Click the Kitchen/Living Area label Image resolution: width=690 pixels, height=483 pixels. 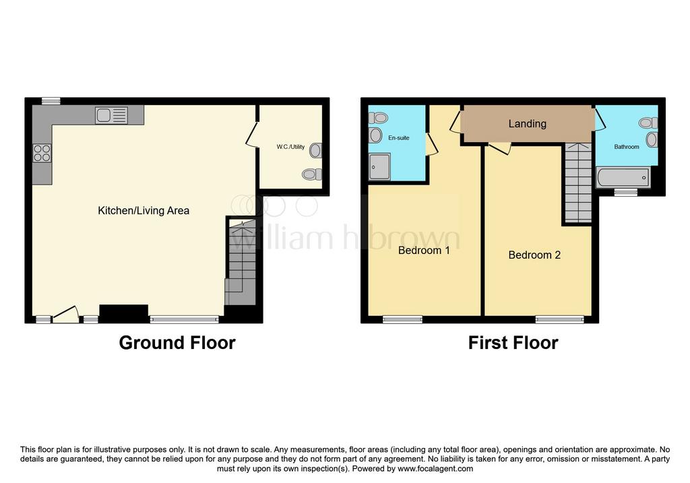(144, 211)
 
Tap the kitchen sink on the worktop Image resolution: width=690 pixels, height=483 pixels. (112, 115)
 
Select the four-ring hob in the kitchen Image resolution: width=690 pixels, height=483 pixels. (42, 154)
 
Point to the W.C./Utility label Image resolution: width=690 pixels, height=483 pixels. (290, 147)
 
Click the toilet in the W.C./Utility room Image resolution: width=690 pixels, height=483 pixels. (312, 174)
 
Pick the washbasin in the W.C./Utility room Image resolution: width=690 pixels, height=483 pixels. (315, 150)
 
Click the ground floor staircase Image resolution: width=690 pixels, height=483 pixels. (241, 262)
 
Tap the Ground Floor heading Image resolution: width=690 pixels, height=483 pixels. (177, 343)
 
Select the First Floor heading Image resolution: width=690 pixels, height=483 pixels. (513, 343)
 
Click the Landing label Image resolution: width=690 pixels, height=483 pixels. (527, 123)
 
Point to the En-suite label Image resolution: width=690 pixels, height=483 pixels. (399, 137)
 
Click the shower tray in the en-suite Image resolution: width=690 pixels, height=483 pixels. (379, 166)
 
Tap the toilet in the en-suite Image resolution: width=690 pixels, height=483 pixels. (378, 117)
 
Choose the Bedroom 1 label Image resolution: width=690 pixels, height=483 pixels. (424, 251)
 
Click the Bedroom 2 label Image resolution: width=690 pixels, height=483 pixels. (534, 255)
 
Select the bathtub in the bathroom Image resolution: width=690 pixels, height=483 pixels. (623, 178)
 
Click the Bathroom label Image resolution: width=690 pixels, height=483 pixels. (627, 147)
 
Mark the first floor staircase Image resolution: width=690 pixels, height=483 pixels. (577, 183)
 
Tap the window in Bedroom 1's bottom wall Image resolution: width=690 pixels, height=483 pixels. (403, 320)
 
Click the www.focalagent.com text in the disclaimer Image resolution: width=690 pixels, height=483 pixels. (435, 469)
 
